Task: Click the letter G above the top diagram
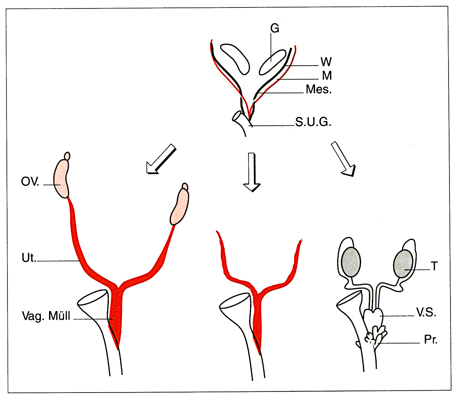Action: point(275,29)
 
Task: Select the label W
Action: point(326,62)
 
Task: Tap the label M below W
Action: point(327,76)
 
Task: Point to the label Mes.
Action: point(319,89)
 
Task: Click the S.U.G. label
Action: point(313,122)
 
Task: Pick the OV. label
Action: point(30,182)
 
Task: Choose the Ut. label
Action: point(29,258)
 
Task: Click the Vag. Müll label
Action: point(46,316)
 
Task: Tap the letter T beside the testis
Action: point(434,266)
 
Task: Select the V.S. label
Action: point(426,313)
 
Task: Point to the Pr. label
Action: point(431,340)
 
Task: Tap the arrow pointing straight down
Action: point(252,172)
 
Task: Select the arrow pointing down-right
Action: point(344,159)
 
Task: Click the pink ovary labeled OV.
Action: point(61,178)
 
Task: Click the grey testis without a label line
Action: point(351,262)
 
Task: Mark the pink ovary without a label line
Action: point(180,207)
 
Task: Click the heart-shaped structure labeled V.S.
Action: point(373,317)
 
